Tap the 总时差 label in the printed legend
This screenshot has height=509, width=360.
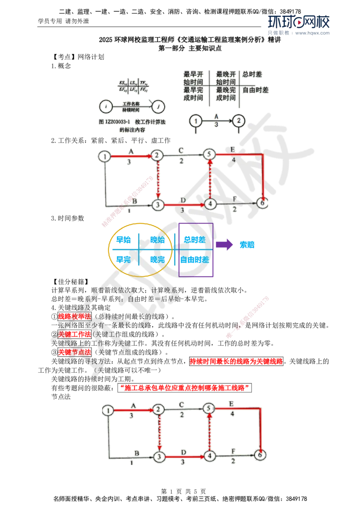(252, 74)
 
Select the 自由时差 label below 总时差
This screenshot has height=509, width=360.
(256, 90)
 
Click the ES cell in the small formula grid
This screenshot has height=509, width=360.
(122, 83)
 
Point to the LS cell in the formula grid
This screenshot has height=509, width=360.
(133, 83)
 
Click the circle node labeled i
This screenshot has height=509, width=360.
(105, 107)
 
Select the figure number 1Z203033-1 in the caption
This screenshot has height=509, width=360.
(117, 122)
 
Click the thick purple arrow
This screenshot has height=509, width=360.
(223, 245)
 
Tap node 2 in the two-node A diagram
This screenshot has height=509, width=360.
(239, 121)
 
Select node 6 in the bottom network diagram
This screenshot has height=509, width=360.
(262, 455)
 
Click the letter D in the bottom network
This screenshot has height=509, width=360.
(183, 450)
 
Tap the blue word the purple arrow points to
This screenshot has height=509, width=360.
(247, 245)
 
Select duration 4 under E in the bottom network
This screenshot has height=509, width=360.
(232, 413)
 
